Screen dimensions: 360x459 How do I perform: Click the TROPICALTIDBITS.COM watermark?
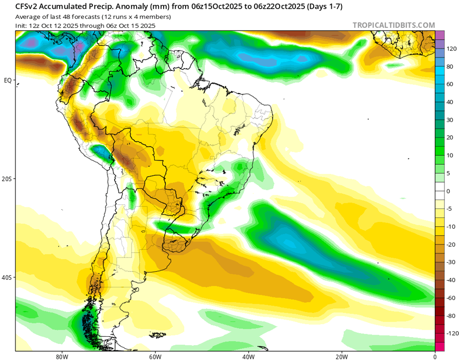click(x=393, y=25)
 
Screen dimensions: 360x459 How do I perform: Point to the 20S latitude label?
click(x=7, y=179)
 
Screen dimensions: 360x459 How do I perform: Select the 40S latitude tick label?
click(x=7, y=277)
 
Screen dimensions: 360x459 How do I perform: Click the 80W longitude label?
click(x=62, y=355)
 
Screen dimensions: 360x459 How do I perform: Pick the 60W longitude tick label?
click(x=155, y=355)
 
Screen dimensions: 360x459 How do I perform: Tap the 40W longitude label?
click(x=248, y=355)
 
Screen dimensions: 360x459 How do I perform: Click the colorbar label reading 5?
click(x=449, y=173)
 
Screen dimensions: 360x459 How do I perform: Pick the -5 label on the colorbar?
click(x=450, y=209)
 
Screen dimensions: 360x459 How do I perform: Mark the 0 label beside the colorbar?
click(x=449, y=191)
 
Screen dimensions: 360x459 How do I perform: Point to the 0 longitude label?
click(x=434, y=355)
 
